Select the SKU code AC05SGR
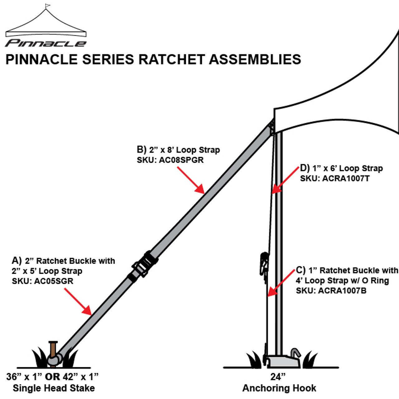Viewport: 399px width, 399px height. click(54, 281)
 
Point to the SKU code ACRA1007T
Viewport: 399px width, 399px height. click(346, 179)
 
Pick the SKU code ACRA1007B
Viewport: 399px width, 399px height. click(342, 291)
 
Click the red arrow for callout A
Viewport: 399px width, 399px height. click(78, 301)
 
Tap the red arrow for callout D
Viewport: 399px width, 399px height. click(285, 180)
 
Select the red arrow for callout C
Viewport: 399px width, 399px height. click(281, 282)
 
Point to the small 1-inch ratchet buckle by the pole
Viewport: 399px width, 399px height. click(264, 263)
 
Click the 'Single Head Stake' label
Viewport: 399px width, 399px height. click(54, 388)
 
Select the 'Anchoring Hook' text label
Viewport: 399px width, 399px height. click(279, 388)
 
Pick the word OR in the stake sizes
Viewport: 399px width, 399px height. click(53, 377)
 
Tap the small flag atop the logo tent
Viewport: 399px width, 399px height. click(47, 6)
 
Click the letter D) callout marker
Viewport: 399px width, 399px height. click(305, 168)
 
